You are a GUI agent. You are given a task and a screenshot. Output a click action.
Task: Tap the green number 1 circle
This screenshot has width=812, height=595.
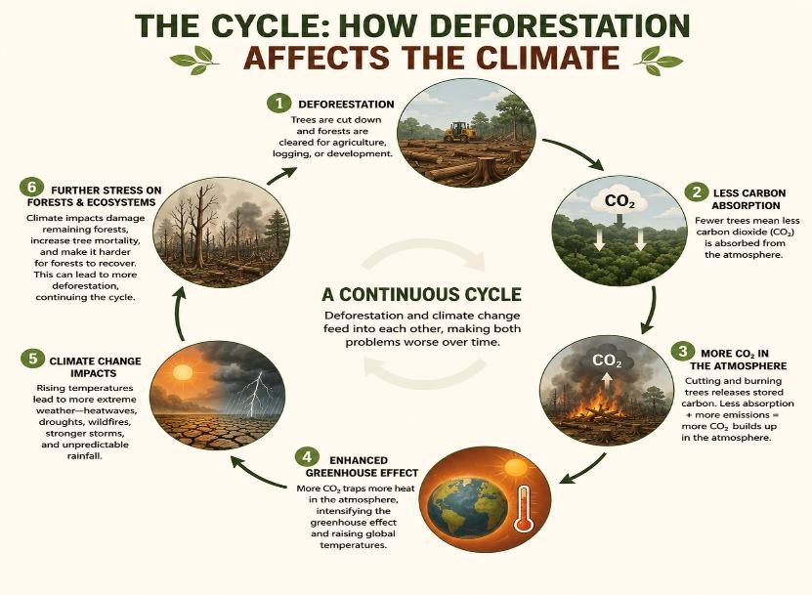click(x=279, y=103)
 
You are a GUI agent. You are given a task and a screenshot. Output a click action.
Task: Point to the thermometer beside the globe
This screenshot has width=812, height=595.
click(x=523, y=510)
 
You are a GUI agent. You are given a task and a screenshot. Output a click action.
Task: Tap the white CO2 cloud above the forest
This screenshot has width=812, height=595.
click(x=620, y=200)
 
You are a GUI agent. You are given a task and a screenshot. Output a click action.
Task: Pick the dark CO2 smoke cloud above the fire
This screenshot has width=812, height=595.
click(x=607, y=360)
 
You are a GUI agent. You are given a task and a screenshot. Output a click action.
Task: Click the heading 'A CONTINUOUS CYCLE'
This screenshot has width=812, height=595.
click(x=421, y=294)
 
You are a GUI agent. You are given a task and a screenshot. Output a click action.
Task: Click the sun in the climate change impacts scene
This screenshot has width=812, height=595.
click(x=183, y=372)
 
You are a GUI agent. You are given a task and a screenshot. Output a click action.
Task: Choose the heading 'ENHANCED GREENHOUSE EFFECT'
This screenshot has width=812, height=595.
click(x=362, y=467)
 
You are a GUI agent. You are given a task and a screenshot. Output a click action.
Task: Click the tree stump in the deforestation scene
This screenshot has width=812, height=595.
click(x=486, y=167)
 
